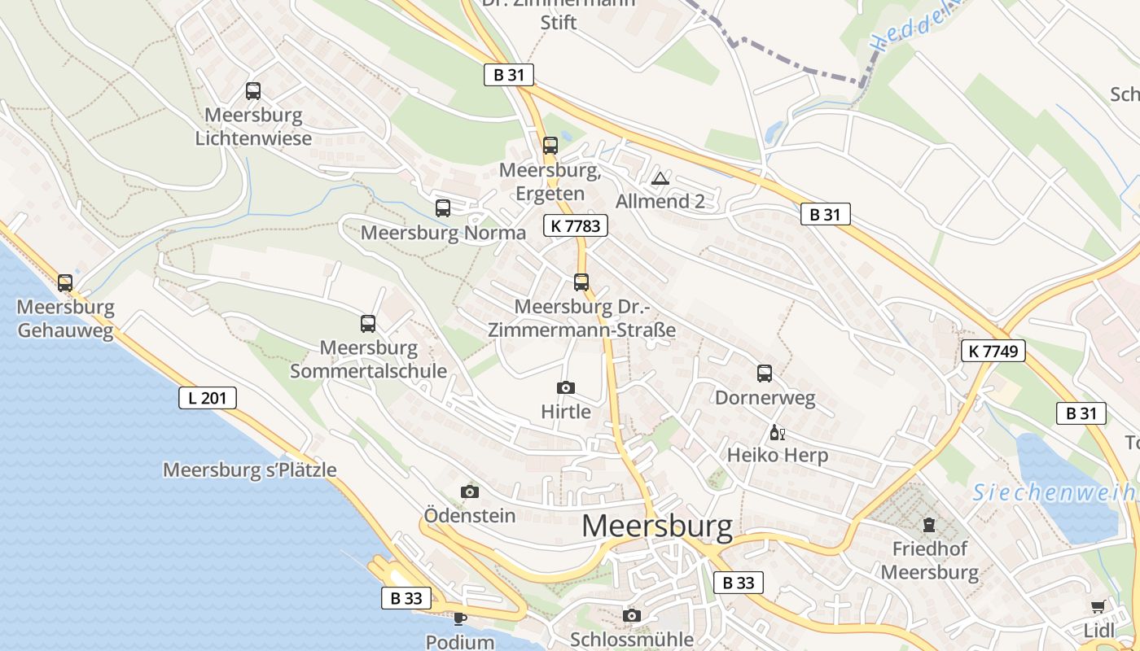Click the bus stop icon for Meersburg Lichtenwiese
pyautogui.click(x=253, y=91)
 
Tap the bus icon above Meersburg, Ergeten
pyautogui.click(x=550, y=146)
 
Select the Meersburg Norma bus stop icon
pyautogui.click(x=443, y=208)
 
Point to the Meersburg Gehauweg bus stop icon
pyautogui.click(x=65, y=283)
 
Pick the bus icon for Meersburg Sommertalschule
pyautogui.click(x=368, y=324)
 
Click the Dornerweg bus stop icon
pyautogui.click(x=765, y=374)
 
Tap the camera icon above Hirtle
pyautogui.click(x=566, y=387)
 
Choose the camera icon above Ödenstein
pyautogui.click(x=470, y=492)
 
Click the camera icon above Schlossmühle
pyautogui.click(x=632, y=615)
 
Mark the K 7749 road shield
pyautogui.click(x=993, y=351)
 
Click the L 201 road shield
pyautogui.click(x=208, y=398)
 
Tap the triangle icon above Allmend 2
pyautogui.click(x=660, y=178)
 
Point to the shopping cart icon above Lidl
pyautogui.click(x=1098, y=606)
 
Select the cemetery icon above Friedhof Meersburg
pyautogui.click(x=929, y=524)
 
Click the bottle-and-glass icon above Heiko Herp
pyautogui.click(x=777, y=432)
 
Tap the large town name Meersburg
pyautogui.click(x=657, y=526)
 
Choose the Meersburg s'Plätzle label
pyautogui.click(x=249, y=470)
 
